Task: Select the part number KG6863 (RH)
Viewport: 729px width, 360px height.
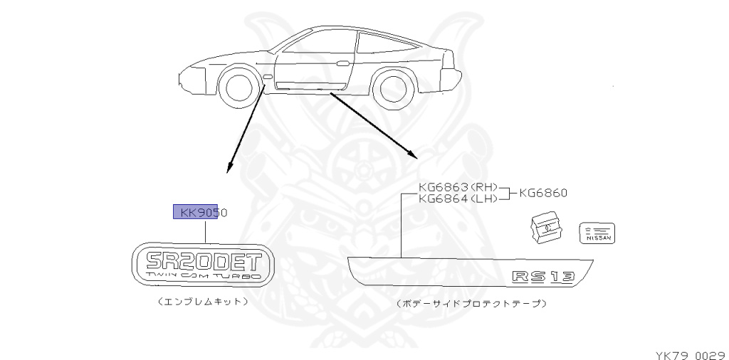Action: click(458, 188)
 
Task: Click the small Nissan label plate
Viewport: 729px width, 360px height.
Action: click(598, 232)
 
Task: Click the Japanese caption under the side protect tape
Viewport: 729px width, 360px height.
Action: click(472, 303)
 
